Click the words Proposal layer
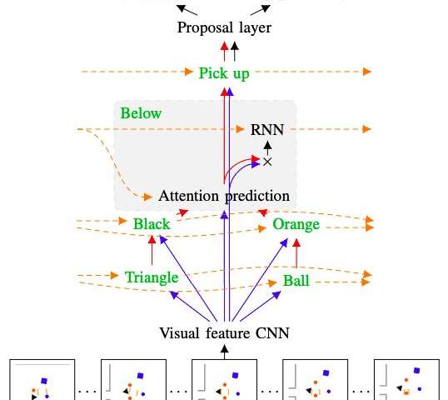pyautogui.click(x=224, y=28)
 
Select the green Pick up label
pyautogui.click(x=224, y=73)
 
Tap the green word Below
pyautogui.click(x=141, y=113)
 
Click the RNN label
pyautogui.click(x=267, y=130)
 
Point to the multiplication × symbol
pyautogui.click(x=267, y=162)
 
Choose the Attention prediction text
pyautogui.click(x=224, y=197)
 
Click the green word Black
pyautogui.click(x=152, y=224)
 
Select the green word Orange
pyautogui.click(x=296, y=224)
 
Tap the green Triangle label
pyautogui.click(x=152, y=277)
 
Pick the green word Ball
pyautogui.click(x=296, y=281)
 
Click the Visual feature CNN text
pyautogui.click(x=224, y=333)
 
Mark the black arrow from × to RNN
pyautogui.click(x=267, y=148)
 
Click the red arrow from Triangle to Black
pyautogui.click(x=152, y=250)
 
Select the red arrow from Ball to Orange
pyautogui.click(x=296, y=253)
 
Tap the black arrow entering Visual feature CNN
pyautogui.click(x=225, y=352)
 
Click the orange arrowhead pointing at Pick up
pyautogui.click(x=189, y=72)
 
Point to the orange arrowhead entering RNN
pyautogui.click(x=241, y=129)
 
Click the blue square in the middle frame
pyautogui.click(x=235, y=375)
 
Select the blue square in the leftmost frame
pyautogui.click(x=44, y=381)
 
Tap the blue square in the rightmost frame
pyautogui.click(x=417, y=371)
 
